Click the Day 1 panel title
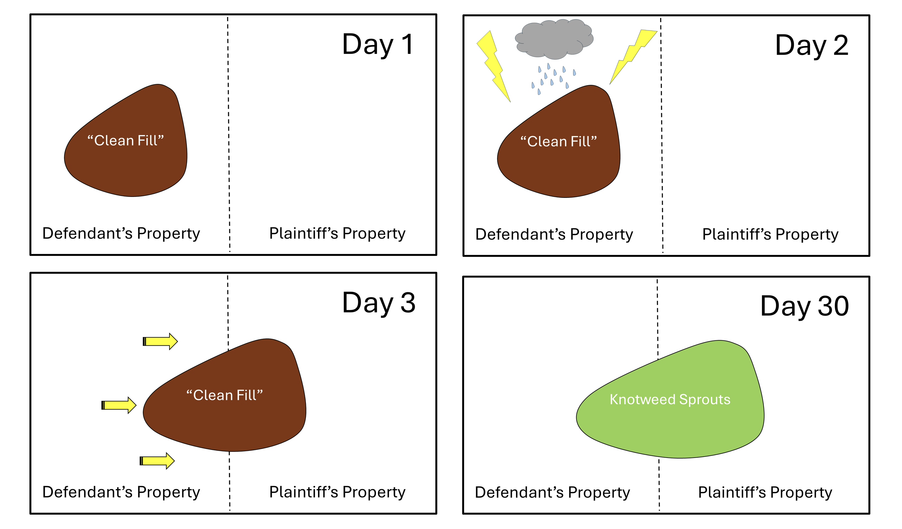378,45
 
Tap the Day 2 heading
811,45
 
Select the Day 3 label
379,303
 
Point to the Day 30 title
804,306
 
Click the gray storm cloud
554,39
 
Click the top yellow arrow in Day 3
160,341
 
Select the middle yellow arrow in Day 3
119,405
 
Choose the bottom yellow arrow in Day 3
157,461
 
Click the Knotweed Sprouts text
670,399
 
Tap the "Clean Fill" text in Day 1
126,140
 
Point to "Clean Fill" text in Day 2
558,142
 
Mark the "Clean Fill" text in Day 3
225,395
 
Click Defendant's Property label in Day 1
121,233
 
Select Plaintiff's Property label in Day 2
770,234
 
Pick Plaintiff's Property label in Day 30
765,492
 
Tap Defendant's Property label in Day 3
121,492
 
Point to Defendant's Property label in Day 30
552,492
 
